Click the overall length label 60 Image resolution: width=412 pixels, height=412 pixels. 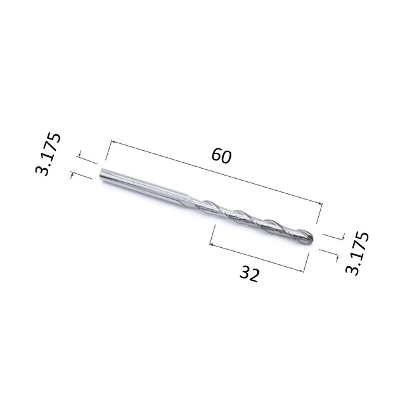pos(221,156)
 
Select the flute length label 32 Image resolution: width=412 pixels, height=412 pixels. pos(249,274)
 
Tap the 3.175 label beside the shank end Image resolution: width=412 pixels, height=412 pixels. pos(48,154)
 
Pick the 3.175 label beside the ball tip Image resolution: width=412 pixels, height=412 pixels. pos(357,253)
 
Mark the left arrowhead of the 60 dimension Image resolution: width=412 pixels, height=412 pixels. pos(113,142)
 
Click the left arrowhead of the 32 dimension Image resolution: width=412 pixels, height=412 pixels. pos(211,245)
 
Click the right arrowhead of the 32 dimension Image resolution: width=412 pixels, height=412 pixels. pos(302,271)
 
